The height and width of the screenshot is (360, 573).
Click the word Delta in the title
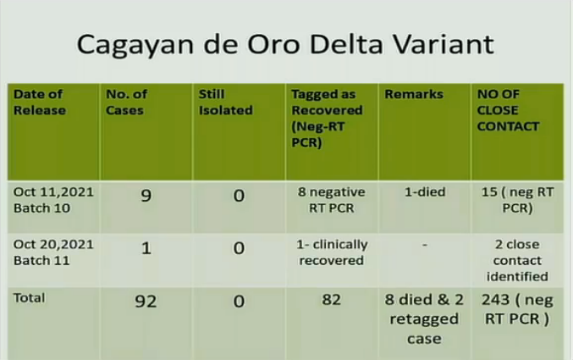347,44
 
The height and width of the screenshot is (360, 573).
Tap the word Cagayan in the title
135,46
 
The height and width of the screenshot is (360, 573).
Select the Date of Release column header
40,102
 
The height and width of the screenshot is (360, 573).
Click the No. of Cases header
126,102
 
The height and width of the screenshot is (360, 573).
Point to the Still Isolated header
225,102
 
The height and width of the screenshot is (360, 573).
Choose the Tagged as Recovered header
327,119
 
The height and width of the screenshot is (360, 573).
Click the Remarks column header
414,94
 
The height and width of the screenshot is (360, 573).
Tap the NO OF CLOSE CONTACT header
508,110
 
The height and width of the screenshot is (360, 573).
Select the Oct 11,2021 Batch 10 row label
53,200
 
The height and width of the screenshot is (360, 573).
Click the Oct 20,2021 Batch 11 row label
53,252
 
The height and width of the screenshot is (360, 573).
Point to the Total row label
30,297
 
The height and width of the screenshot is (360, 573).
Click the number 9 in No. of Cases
146,196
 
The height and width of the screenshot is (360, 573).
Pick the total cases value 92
146,301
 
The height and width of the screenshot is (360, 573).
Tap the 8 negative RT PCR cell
332,200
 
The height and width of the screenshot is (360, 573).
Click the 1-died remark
425,191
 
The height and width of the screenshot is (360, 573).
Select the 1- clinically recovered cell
332,252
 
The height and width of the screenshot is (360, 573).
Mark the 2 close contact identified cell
517,260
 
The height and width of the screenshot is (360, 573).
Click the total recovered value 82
332,300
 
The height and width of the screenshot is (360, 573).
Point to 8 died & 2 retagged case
424,319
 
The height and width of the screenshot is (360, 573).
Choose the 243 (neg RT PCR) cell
517,309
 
